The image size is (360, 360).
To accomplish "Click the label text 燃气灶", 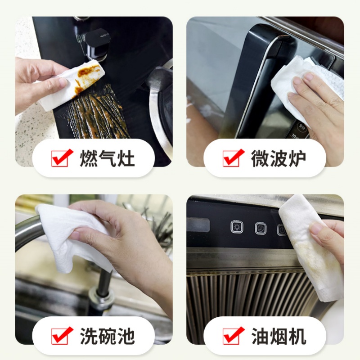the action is click(107, 158).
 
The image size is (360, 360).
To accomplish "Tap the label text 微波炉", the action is click(279, 158).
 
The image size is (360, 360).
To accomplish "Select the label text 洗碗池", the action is click(107, 336).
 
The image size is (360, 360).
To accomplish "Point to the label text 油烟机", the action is click(279, 336).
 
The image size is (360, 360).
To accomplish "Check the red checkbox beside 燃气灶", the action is click(60, 158).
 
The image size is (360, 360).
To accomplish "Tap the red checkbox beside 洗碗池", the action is click(60, 336).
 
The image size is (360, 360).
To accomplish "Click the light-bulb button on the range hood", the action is click(237, 227).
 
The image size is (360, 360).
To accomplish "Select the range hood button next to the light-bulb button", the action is click(261, 229).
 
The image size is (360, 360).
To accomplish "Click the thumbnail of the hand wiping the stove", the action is click(94, 91).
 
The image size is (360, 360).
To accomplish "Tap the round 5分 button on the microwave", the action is click(301, 127).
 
